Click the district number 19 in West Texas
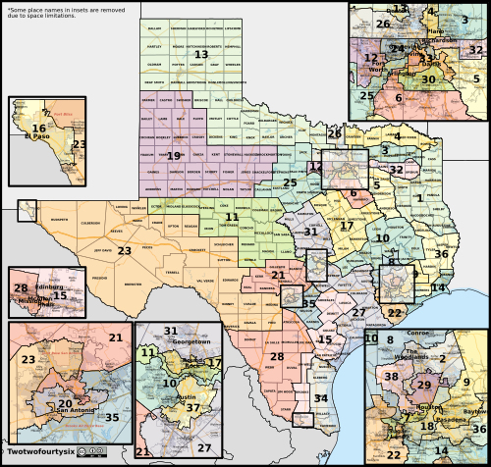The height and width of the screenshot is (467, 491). pyautogui.click(x=174, y=155)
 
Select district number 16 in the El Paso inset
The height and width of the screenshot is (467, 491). pyautogui.click(x=38, y=129)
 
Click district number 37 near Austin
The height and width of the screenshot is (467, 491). pyautogui.click(x=193, y=407)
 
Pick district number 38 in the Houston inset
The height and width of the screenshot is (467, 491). pyautogui.click(x=391, y=377)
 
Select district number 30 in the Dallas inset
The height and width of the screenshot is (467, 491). pyautogui.click(x=428, y=78)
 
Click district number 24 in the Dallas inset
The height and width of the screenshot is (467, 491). pyautogui.click(x=397, y=47)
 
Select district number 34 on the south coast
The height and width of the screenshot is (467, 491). pyautogui.click(x=322, y=398)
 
